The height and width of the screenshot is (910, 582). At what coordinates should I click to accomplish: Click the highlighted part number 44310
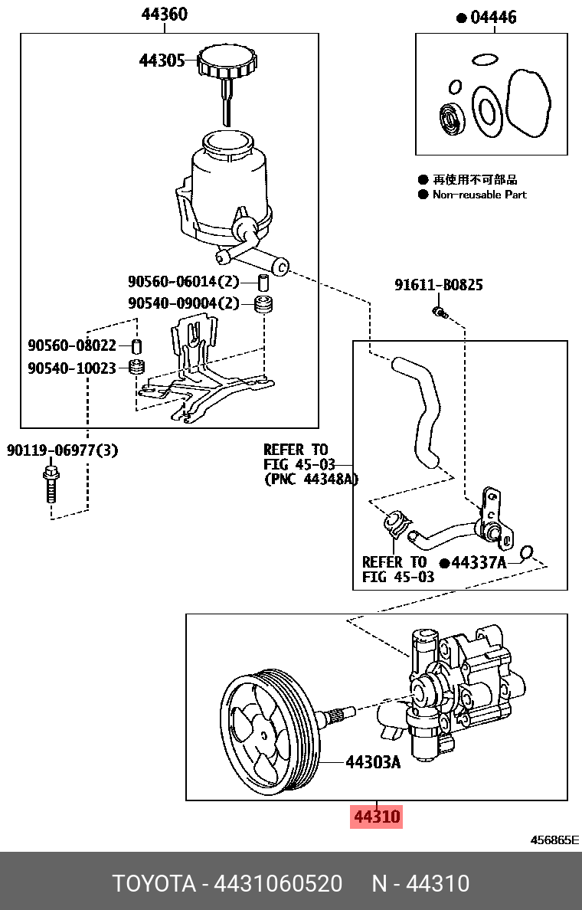click(x=375, y=817)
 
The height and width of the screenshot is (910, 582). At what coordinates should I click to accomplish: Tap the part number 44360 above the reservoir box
click(x=164, y=15)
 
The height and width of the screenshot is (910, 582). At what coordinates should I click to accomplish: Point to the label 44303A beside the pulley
click(x=373, y=762)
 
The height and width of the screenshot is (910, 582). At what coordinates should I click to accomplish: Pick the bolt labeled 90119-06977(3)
click(x=51, y=483)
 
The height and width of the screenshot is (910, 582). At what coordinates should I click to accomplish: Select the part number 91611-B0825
click(x=439, y=285)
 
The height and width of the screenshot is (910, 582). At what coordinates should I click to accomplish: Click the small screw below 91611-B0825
click(x=439, y=311)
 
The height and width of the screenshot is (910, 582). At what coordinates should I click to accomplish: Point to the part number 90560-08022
click(x=72, y=345)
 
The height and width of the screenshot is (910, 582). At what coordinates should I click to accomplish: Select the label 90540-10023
click(x=72, y=368)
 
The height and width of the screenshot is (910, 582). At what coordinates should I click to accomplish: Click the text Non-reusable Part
click(x=479, y=195)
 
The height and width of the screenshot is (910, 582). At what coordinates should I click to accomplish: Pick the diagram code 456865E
click(x=555, y=840)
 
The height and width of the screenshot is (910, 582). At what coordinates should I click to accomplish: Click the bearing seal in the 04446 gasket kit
click(x=452, y=119)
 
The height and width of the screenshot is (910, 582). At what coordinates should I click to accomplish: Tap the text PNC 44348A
click(x=311, y=479)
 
